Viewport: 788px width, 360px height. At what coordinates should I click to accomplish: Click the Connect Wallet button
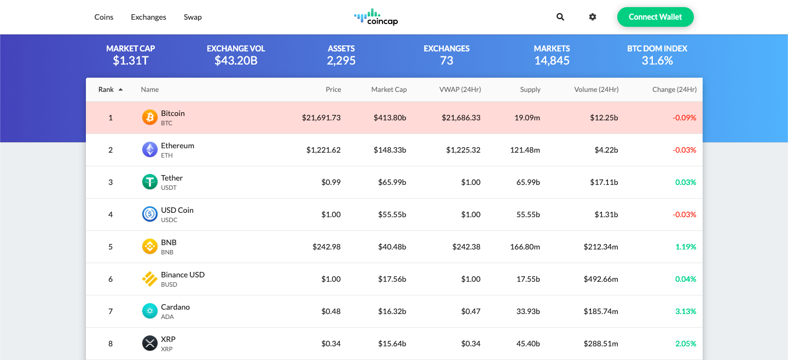click(655, 17)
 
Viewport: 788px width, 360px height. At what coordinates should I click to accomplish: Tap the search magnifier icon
click(560, 17)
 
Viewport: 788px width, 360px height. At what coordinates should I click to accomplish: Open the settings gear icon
click(593, 17)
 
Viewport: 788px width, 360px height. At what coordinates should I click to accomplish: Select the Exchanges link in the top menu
click(148, 17)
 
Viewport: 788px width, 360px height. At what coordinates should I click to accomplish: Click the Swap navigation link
click(193, 17)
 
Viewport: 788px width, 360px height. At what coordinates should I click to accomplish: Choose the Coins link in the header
click(104, 17)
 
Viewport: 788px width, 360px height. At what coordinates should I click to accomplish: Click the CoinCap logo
click(375, 17)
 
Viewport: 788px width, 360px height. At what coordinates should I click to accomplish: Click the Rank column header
click(106, 90)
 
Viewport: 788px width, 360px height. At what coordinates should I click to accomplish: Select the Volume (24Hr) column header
click(596, 90)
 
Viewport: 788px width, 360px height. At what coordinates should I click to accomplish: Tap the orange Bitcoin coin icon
click(150, 118)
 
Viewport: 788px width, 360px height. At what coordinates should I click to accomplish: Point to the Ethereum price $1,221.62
click(323, 150)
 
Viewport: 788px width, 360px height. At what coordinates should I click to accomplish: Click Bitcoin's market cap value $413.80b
click(390, 118)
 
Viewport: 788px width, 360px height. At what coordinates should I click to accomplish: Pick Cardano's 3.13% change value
click(686, 311)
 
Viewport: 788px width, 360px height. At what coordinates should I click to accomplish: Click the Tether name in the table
click(172, 178)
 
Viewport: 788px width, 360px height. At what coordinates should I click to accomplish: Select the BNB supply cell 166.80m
click(525, 247)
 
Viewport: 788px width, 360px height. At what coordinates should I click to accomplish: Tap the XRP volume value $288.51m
click(601, 344)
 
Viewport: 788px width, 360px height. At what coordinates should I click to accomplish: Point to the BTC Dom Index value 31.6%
click(657, 61)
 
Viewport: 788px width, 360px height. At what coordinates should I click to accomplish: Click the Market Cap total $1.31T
click(131, 61)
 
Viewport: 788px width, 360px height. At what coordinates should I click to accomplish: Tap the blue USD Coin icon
click(150, 214)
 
